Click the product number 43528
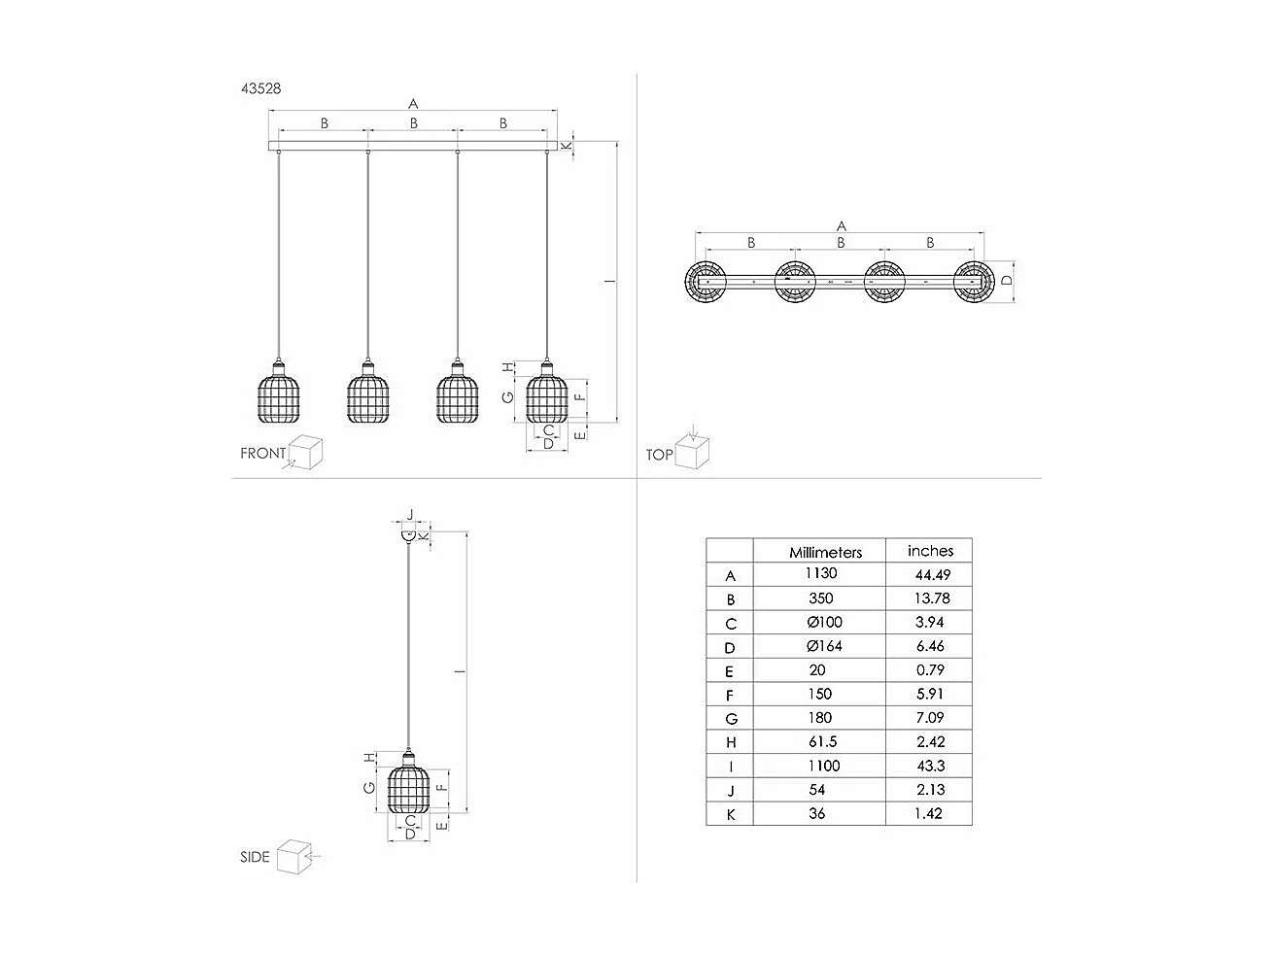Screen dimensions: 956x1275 [261, 87]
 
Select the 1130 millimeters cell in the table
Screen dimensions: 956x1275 [820, 574]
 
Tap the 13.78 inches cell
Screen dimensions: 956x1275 [929, 598]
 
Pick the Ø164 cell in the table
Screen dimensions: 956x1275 [823, 646]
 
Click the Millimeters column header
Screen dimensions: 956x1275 [825, 552]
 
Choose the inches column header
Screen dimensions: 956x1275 [930, 551]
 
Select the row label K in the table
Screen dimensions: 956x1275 [731, 814]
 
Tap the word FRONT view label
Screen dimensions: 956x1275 [263, 454]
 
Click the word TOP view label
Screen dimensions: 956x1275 [660, 455]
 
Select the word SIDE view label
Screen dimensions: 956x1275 [255, 857]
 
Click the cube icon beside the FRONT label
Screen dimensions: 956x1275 [307, 451]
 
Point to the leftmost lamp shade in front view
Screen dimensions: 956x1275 [279, 395]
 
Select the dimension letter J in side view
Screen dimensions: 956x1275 [410, 515]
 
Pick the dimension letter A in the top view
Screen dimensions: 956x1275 [842, 226]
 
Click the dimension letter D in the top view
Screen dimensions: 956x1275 [1008, 281]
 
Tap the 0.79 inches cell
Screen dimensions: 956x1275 [929, 670]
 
